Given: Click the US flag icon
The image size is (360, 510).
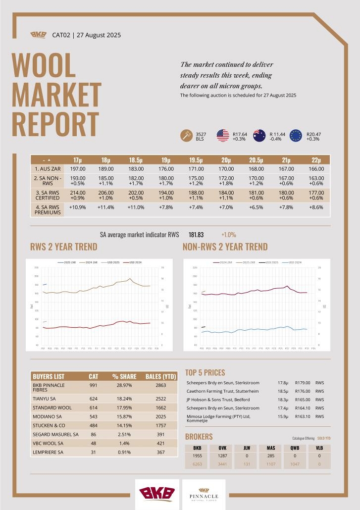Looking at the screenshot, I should [x=223, y=136].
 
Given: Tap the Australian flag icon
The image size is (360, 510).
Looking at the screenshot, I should [x=259, y=136].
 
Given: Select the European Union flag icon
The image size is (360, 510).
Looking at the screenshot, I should [x=296, y=136].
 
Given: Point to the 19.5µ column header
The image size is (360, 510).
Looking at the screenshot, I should [x=196, y=160].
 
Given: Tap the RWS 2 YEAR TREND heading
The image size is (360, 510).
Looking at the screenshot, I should [x=64, y=247].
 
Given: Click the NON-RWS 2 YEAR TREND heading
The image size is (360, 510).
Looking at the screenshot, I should [x=225, y=247].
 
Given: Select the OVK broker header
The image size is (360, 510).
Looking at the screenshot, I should [x=222, y=448].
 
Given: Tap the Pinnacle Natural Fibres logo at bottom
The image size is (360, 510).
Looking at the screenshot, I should [x=204, y=494].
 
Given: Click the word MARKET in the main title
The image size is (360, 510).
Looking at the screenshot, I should [x=56, y=95].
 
